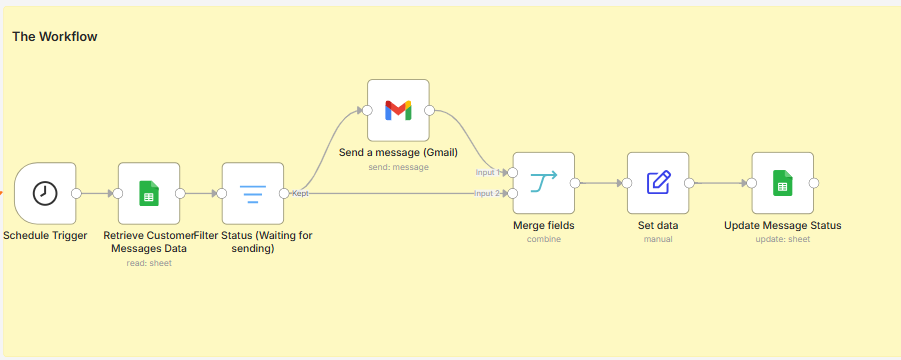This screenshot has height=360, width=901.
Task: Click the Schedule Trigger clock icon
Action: pos(45,193)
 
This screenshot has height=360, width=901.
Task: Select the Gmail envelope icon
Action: pos(398,110)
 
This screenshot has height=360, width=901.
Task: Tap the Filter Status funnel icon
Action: pos(253,194)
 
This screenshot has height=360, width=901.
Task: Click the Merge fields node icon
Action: pos(544,183)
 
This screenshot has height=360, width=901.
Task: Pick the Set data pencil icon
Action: pos(658,183)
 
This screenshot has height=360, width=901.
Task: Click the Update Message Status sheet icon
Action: pos(782,183)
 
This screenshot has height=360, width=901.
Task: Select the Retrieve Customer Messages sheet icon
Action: pos(149,193)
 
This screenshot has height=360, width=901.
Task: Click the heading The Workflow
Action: pos(55,37)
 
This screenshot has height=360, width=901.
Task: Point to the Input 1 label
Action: pos(487,172)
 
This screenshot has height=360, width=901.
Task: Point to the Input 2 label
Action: pos(487,193)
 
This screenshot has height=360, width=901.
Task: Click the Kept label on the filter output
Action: pos(300,193)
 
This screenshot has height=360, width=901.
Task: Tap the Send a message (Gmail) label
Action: pos(398,153)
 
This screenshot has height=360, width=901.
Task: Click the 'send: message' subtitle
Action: pos(398,167)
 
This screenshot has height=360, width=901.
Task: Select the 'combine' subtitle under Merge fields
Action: pos(544,239)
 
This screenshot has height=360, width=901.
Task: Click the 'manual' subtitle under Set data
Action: pos(658,239)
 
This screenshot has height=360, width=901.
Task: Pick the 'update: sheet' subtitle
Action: pos(783,239)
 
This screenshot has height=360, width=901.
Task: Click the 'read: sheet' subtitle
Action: pos(149,263)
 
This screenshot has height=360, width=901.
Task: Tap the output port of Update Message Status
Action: pos(814,183)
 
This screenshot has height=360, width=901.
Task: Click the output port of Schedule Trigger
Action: pos(76,193)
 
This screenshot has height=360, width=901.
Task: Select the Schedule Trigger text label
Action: pos(45,235)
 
